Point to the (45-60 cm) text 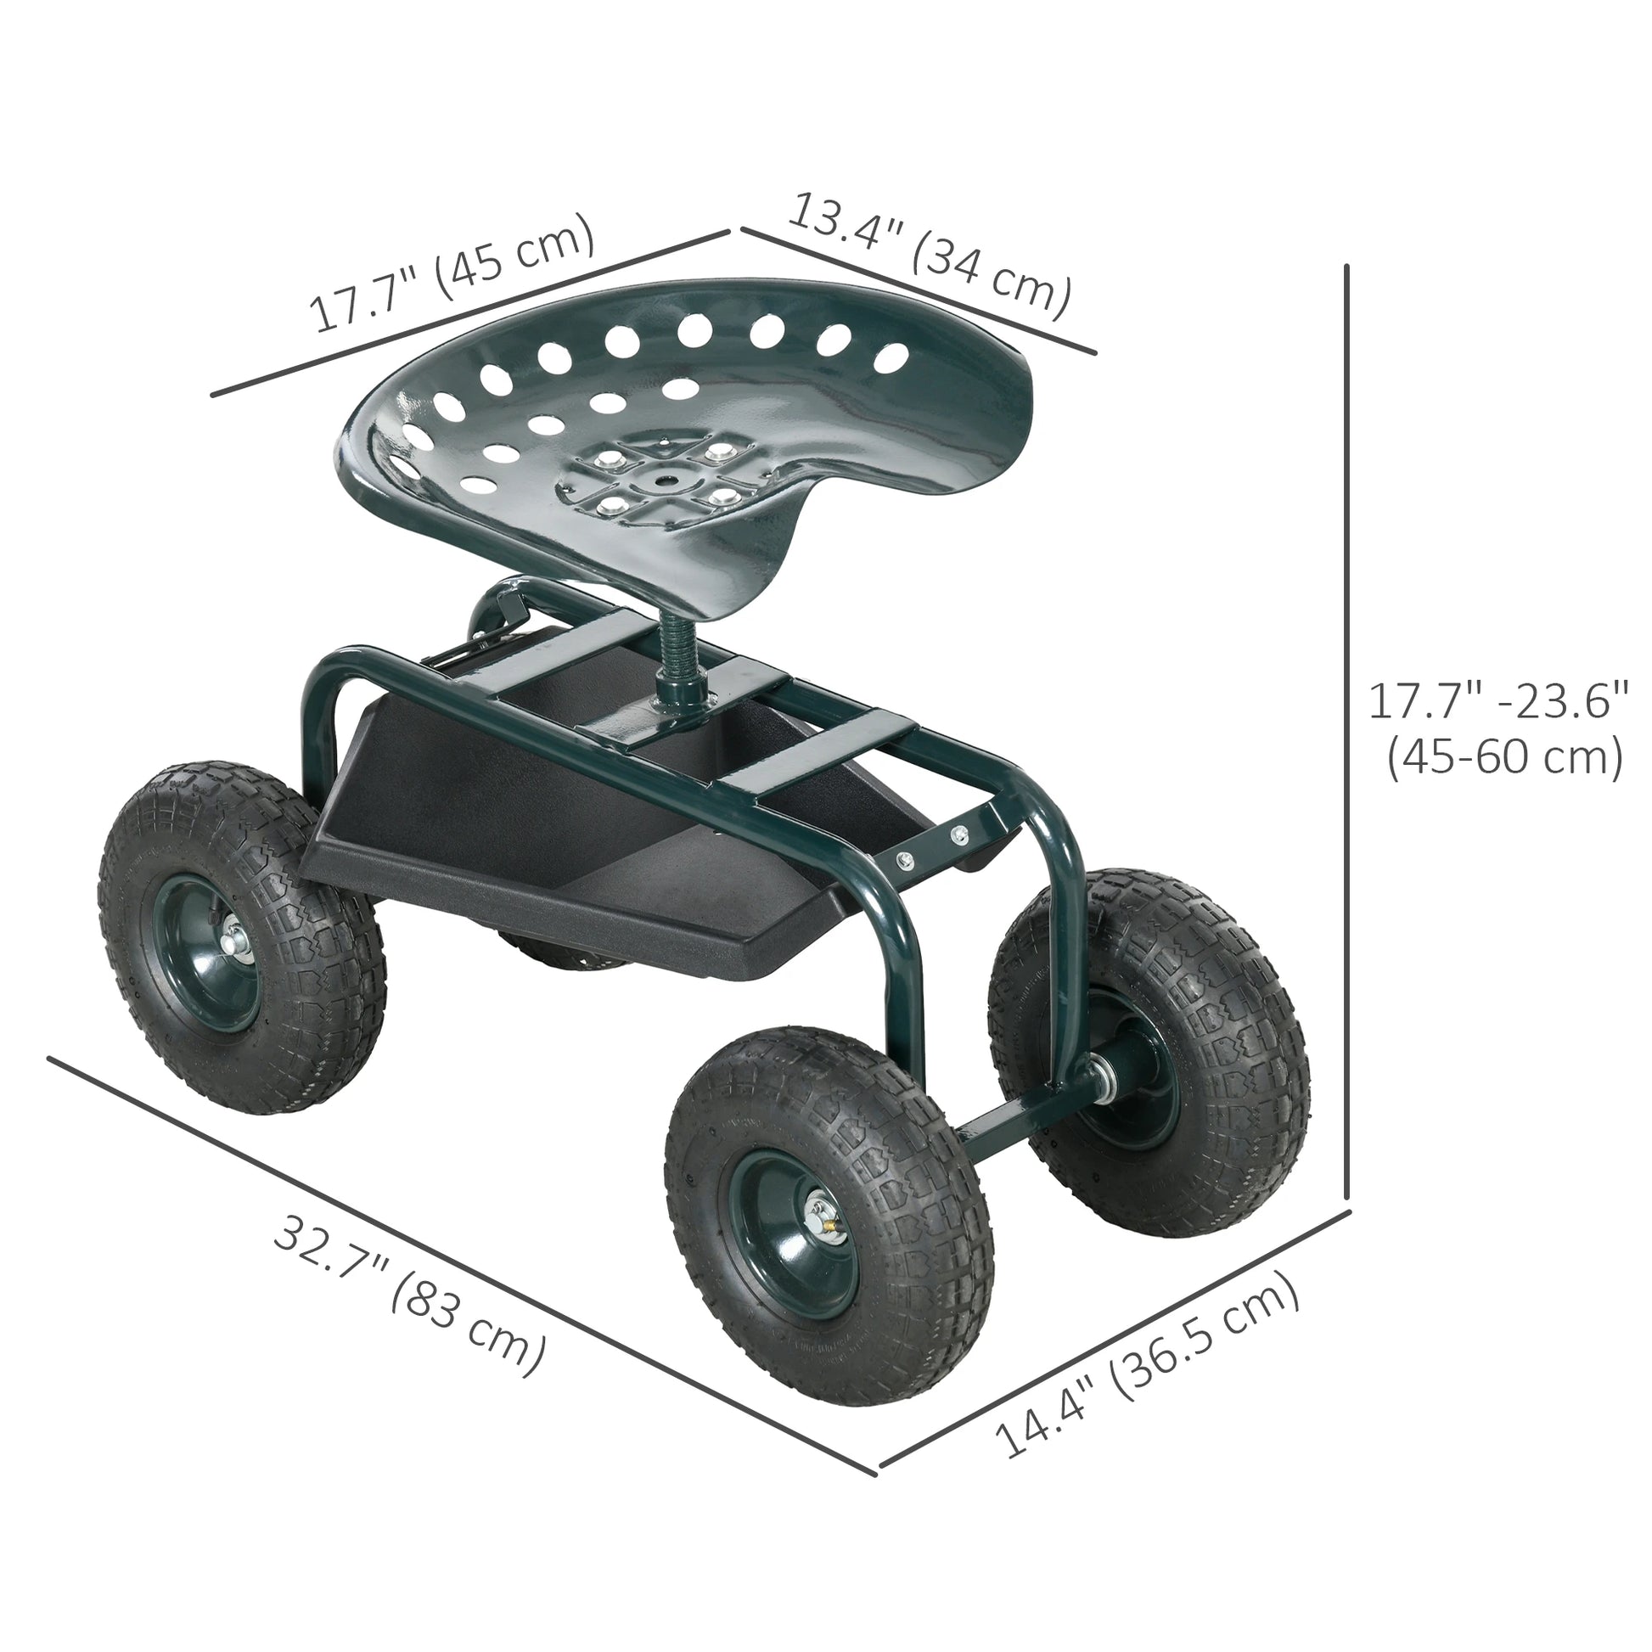click(x=1504, y=756)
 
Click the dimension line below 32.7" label click(x=462, y=1266)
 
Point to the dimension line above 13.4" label click(x=919, y=290)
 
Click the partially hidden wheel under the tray click(x=548, y=953)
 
